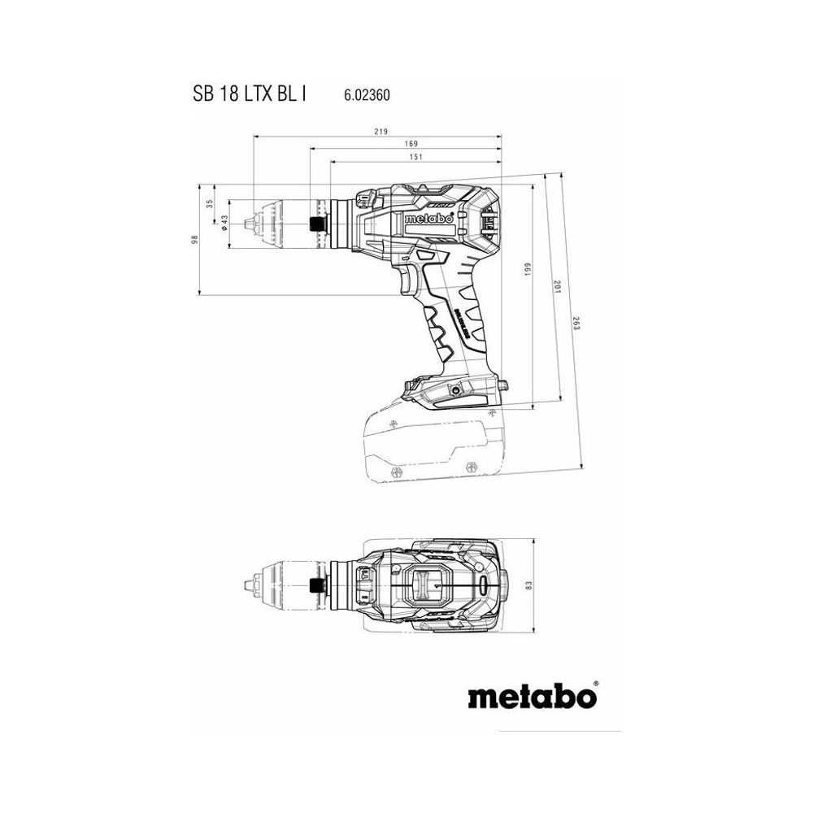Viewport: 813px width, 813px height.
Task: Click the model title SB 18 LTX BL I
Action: tap(250, 94)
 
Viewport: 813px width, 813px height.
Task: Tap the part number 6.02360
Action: tap(367, 95)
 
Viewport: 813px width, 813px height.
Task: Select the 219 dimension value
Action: tap(381, 132)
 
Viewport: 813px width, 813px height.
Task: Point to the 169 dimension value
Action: tap(411, 144)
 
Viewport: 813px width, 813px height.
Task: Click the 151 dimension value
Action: tap(416, 157)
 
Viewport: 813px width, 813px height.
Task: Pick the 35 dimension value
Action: tap(210, 204)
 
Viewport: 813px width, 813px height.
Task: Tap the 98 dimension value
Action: tap(195, 240)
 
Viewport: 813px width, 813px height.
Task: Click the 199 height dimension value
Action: tap(528, 269)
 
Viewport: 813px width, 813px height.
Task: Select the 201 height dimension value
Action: tap(558, 287)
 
